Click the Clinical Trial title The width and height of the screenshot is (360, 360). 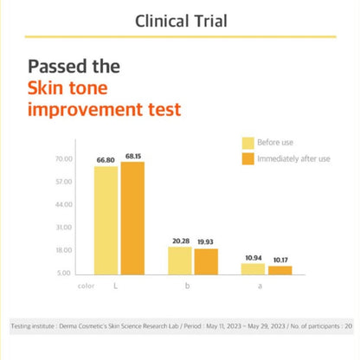tap(181, 21)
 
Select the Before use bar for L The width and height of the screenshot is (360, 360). tap(106, 221)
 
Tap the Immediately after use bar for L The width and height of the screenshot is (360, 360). tap(132, 218)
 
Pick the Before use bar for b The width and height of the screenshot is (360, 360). tap(180, 260)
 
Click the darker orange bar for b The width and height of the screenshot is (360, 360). tap(206, 261)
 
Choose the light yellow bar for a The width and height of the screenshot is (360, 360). tap(253, 269)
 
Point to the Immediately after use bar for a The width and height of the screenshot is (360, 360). tap(280, 270)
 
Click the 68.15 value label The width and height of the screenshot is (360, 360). tap(133, 157)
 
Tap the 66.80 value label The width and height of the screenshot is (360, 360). tap(106, 160)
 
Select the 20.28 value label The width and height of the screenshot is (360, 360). tap(181, 241)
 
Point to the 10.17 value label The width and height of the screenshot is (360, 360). tap(280, 260)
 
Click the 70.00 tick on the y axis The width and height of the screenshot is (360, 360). tap(64, 159)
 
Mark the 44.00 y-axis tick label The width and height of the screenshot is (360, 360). tap(64, 204)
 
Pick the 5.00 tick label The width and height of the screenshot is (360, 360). tap(64, 273)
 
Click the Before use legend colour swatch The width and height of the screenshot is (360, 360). tap(248, 143)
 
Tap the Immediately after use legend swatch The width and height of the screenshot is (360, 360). tap(248, 158)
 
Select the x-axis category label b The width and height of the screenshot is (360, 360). tap(188, 286)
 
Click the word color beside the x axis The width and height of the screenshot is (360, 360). tap(86, 286)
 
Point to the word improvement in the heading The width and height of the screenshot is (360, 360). tap(85, 110)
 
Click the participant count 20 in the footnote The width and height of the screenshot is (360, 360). tap(349, 326)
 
